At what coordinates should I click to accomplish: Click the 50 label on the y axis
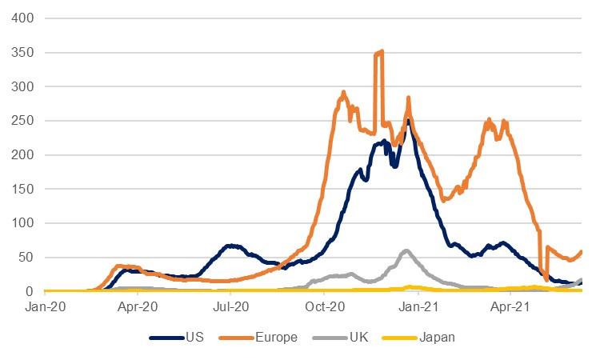30,258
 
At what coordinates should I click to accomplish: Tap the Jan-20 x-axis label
46,306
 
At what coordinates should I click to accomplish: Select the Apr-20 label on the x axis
138,306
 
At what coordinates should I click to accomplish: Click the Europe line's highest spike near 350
381,52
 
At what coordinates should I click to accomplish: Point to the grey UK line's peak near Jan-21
406,251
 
